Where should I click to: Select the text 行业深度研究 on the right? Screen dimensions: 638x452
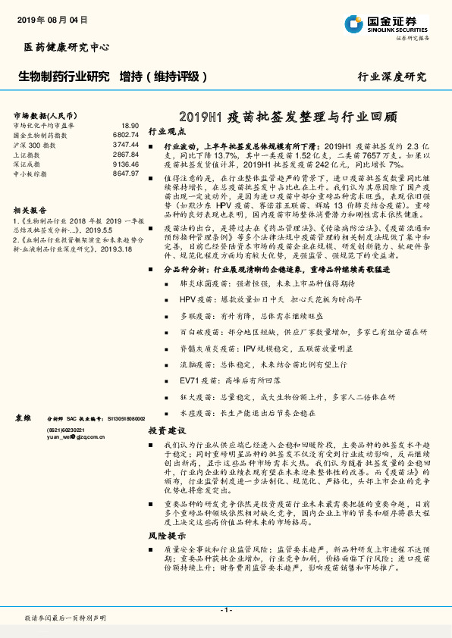tap(391, 77)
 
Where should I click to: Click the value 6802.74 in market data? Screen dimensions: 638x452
tap(125, 135)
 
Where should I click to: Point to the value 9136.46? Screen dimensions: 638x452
tap(125, 163)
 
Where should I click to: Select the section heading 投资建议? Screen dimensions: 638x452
tap(165, 429)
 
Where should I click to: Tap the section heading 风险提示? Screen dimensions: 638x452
tap(165, 513)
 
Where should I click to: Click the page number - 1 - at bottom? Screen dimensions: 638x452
tap(225, 610)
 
